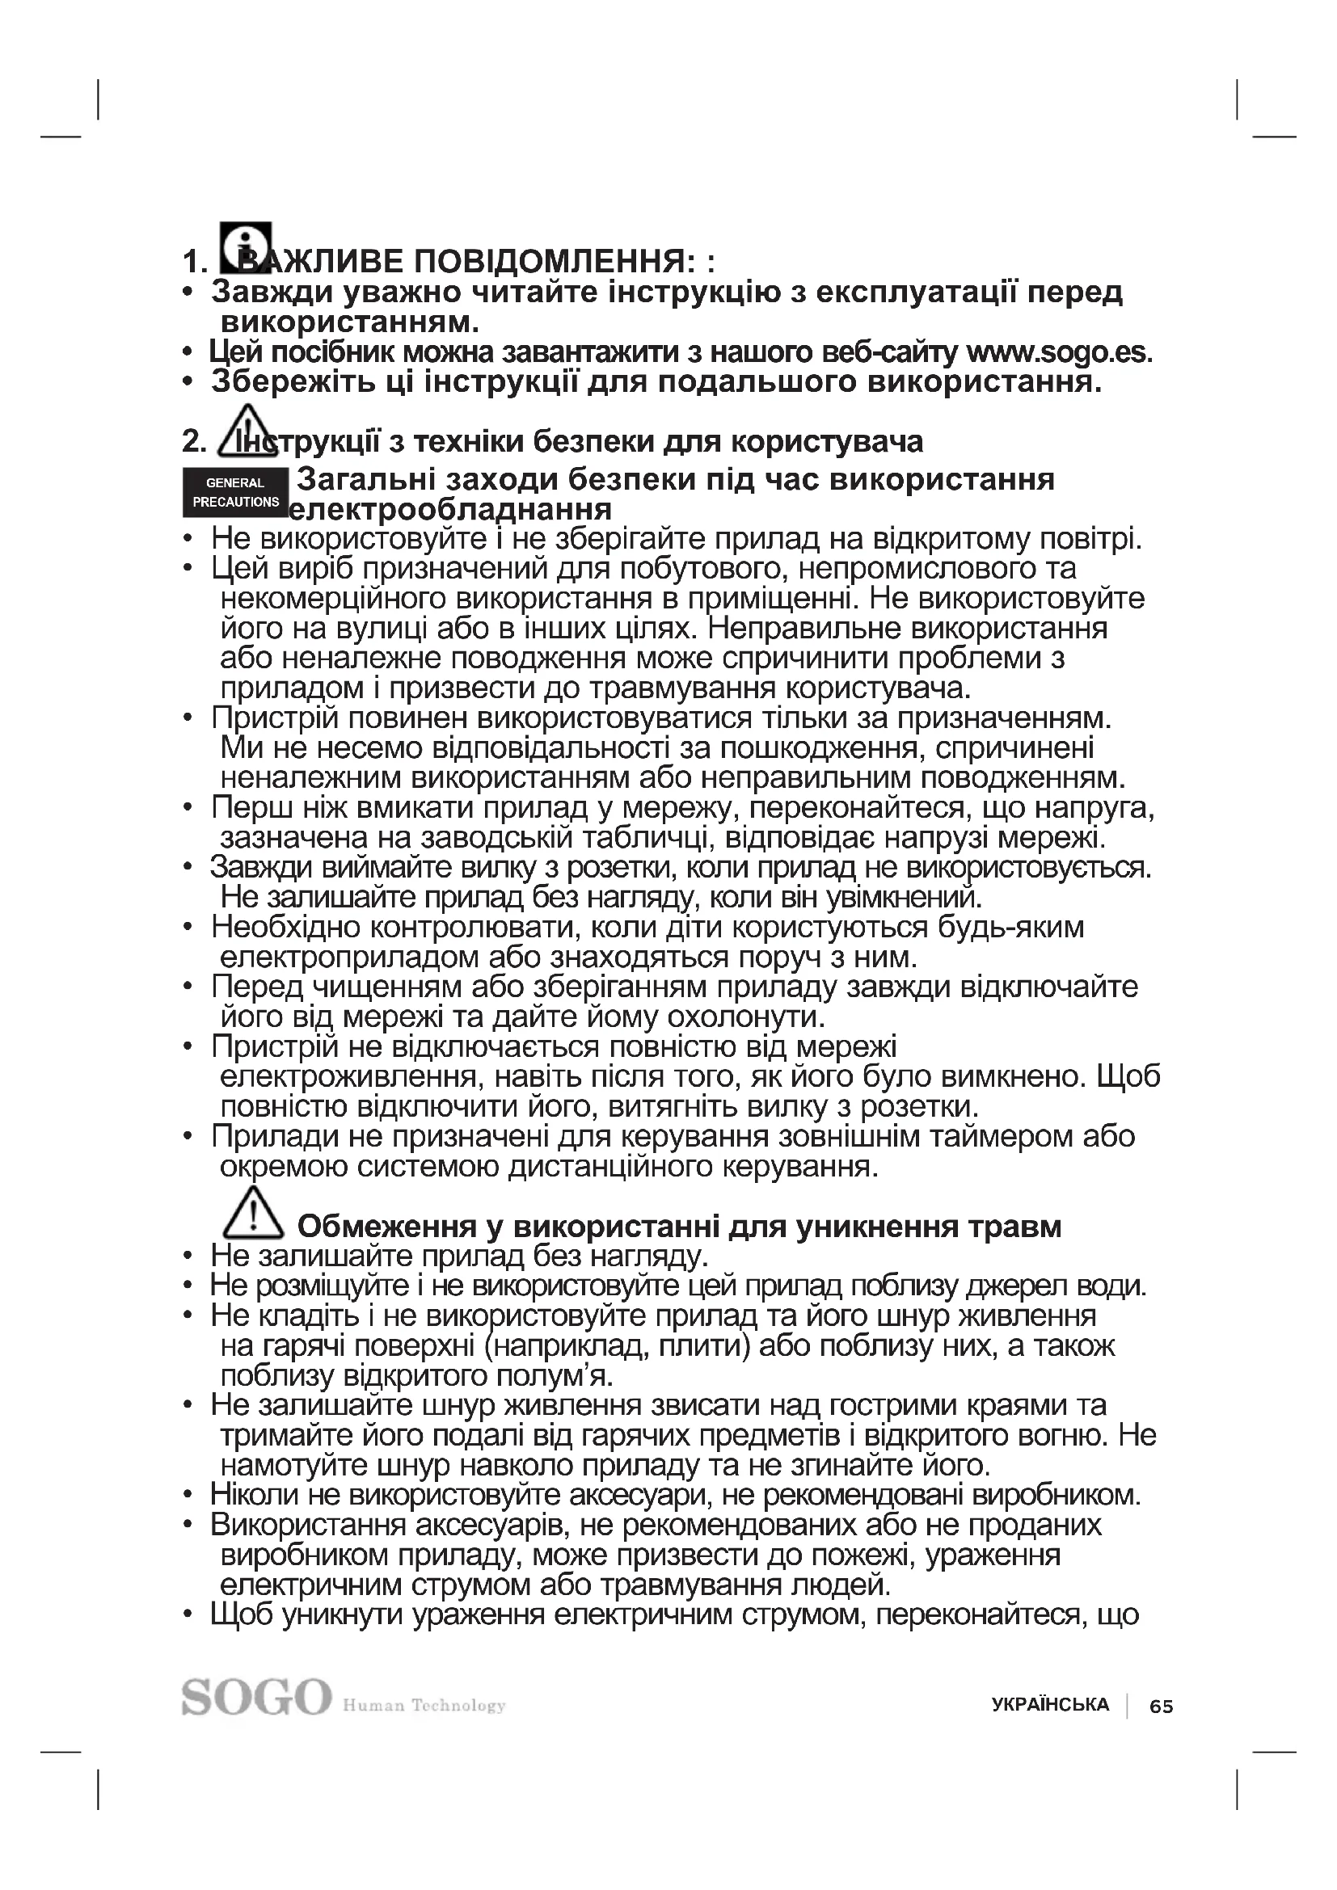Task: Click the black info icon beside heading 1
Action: pos(246,247)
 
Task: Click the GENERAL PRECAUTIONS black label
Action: pos(235,492)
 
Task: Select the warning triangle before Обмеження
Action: pos(254,1214)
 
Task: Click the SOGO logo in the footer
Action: pos(256,1698)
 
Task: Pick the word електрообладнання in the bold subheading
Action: pos(451,510)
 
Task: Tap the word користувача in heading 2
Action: pos(827,442)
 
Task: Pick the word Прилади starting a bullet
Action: pos(267,1136)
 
